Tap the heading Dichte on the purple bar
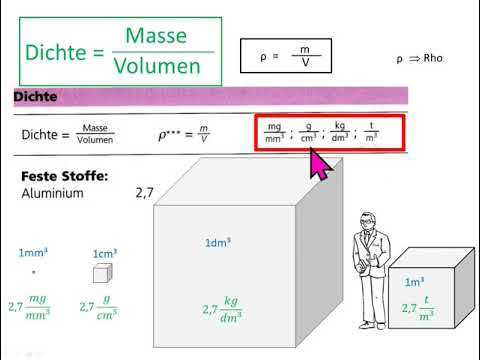[35, 97]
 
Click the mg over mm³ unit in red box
[273, 133]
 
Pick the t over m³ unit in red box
[372, 133]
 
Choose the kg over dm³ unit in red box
[341, 133]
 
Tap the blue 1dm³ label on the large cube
[220, 243]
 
